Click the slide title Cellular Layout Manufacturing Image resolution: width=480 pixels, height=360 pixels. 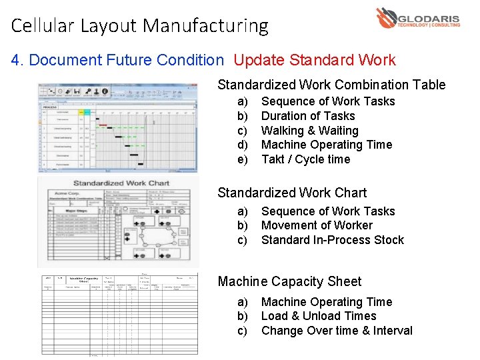pyautogui.click(x=139, y=26)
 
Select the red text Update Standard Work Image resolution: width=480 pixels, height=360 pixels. pyautogui.click(x=315, y=60)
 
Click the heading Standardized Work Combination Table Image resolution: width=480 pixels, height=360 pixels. pyautogui.click(x=331, y=85)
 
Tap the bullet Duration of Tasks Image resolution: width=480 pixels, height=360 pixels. pyautogui.click(x=308, y=116)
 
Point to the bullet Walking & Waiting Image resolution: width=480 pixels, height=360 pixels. pyautogui.click(x=309, y=131)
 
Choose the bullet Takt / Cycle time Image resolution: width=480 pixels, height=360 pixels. pyautogui.click(x=305, y=159)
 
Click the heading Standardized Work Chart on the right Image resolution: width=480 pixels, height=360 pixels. pyautogui.click(x=292, y=193)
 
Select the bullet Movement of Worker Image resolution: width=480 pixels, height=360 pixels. pyautogui.click(x=317, y=225)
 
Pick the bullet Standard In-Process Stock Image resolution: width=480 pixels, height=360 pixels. pyautogui.click(x=332, y=240)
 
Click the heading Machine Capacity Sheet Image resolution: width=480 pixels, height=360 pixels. pyautogui.click(x=289, y=282)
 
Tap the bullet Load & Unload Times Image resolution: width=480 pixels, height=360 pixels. pyautogui.click(x=319, y=316)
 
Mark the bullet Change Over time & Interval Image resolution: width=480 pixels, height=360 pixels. pyautogui.click(x=337, y=331)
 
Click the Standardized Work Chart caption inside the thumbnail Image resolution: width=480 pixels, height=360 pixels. pyautogui.click(x=121, y=183)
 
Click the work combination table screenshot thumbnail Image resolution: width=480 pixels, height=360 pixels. pyautogui.click(x=117, y=128)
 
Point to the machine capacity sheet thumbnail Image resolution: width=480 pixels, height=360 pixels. pyautogui.click(x=117, y=313)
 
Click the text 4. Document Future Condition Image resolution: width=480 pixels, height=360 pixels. pyautogui.click(x=117, y=60)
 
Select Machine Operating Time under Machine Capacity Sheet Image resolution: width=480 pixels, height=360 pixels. pyautogui.click(x=327, y=302)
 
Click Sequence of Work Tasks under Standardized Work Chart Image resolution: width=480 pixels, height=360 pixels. pyautogui.click(x=328, y=211)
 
